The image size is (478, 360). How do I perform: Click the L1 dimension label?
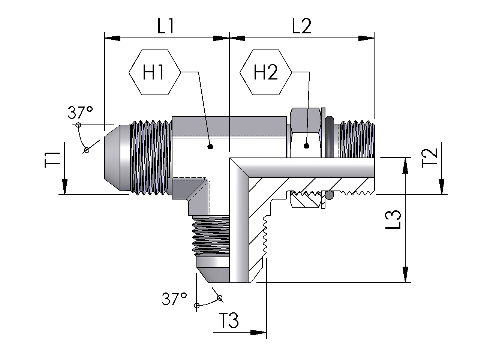[166, 26]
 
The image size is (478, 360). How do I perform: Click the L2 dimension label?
[301, 26]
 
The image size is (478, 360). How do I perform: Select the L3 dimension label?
[393, 219]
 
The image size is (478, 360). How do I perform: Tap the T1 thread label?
[52, 160]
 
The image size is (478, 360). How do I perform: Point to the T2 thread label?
[429, 157]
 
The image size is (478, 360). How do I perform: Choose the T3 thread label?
[230, 320]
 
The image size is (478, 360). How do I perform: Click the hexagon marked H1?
[154, 72]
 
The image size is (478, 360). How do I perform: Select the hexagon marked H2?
[266, 72]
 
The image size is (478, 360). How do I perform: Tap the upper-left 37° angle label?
[80, 112]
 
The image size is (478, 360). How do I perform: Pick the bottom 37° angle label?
[174, 298]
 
